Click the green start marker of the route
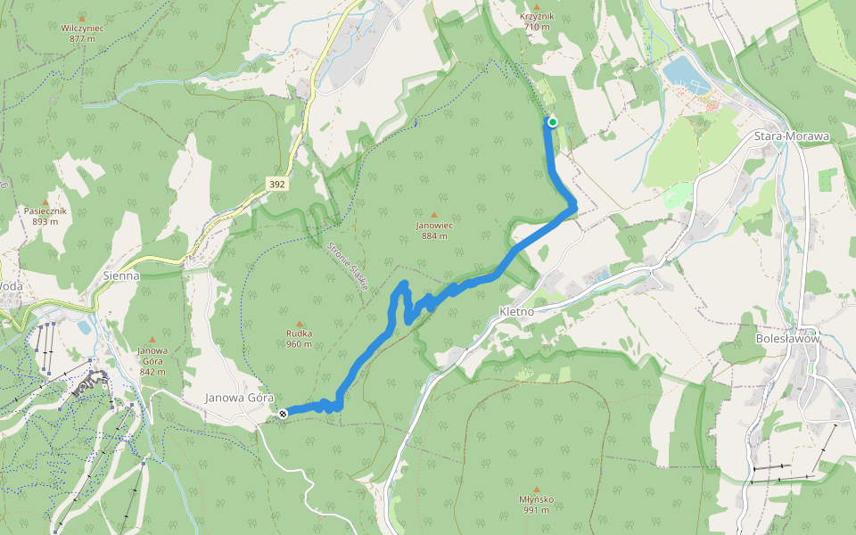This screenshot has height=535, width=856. coord(553,122)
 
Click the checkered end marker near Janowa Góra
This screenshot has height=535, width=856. coord(283,413)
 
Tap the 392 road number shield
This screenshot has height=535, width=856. coord(276,185)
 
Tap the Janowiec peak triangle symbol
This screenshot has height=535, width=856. coord(434,215)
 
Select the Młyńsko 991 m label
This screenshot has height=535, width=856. coord(537,505)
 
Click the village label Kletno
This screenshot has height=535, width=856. coord(516,313)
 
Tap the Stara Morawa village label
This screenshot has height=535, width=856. coord(792,136)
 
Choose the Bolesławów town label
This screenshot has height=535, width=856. coord(786,339)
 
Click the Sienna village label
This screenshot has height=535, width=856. coord(120,276)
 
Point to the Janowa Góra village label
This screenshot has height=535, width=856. coord(238,398)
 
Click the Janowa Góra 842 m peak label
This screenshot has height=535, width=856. coord(152,355)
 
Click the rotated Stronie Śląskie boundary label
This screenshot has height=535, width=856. coord(349,267)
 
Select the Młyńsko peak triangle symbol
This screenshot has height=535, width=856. coord(537,489)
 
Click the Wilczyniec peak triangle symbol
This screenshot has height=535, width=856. coord(82,17)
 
